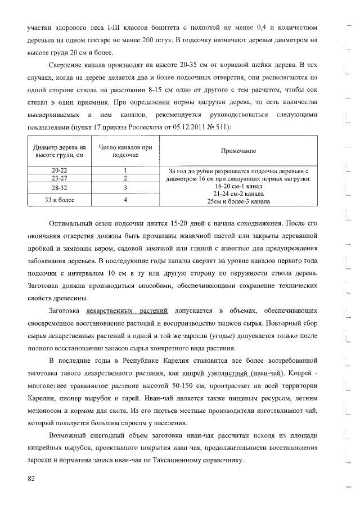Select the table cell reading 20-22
pos(59,170)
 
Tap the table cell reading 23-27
pos(59,178)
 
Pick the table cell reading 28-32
pos(59,187)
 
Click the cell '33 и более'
pos(59,199)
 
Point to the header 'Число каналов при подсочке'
pos(125,151)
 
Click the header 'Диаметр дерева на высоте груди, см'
pos(59,151)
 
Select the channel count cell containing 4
pos(125,199)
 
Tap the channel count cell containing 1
pos(125,170)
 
